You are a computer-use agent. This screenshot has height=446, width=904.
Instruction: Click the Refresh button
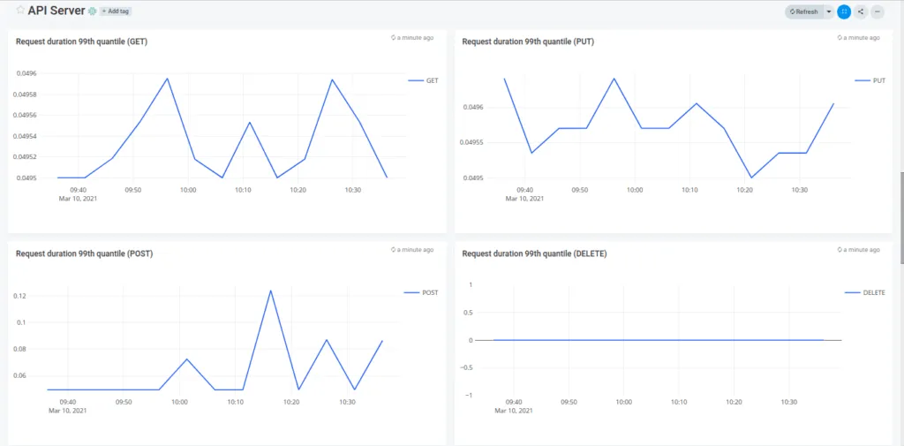click(803, 11)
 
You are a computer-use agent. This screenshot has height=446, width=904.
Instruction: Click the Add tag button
click(116, 11)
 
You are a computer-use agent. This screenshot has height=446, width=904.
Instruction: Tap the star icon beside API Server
click(20, 11)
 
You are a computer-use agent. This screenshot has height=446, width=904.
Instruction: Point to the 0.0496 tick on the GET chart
click(26, 73)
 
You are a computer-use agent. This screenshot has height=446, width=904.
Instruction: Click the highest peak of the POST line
click(270, 291)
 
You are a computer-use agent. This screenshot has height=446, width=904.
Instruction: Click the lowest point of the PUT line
click(751, 178)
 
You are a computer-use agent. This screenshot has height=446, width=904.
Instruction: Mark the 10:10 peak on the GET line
click(249, 122)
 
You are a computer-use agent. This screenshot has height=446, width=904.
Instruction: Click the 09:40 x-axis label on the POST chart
click(67, 402)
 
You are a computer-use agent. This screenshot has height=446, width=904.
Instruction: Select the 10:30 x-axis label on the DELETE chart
click(788, 402)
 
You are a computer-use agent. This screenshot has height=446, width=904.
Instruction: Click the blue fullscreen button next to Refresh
click(844, 11)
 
